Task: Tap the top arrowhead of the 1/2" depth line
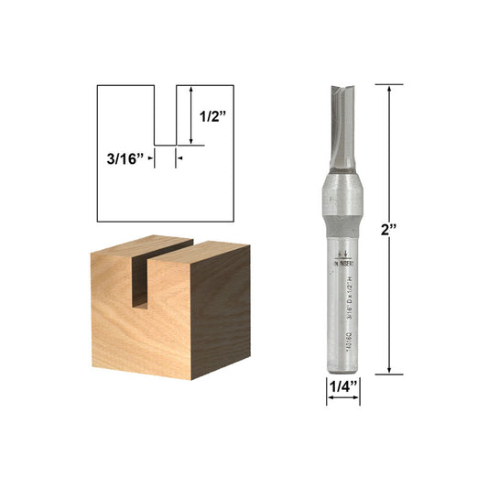(190, 90)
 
